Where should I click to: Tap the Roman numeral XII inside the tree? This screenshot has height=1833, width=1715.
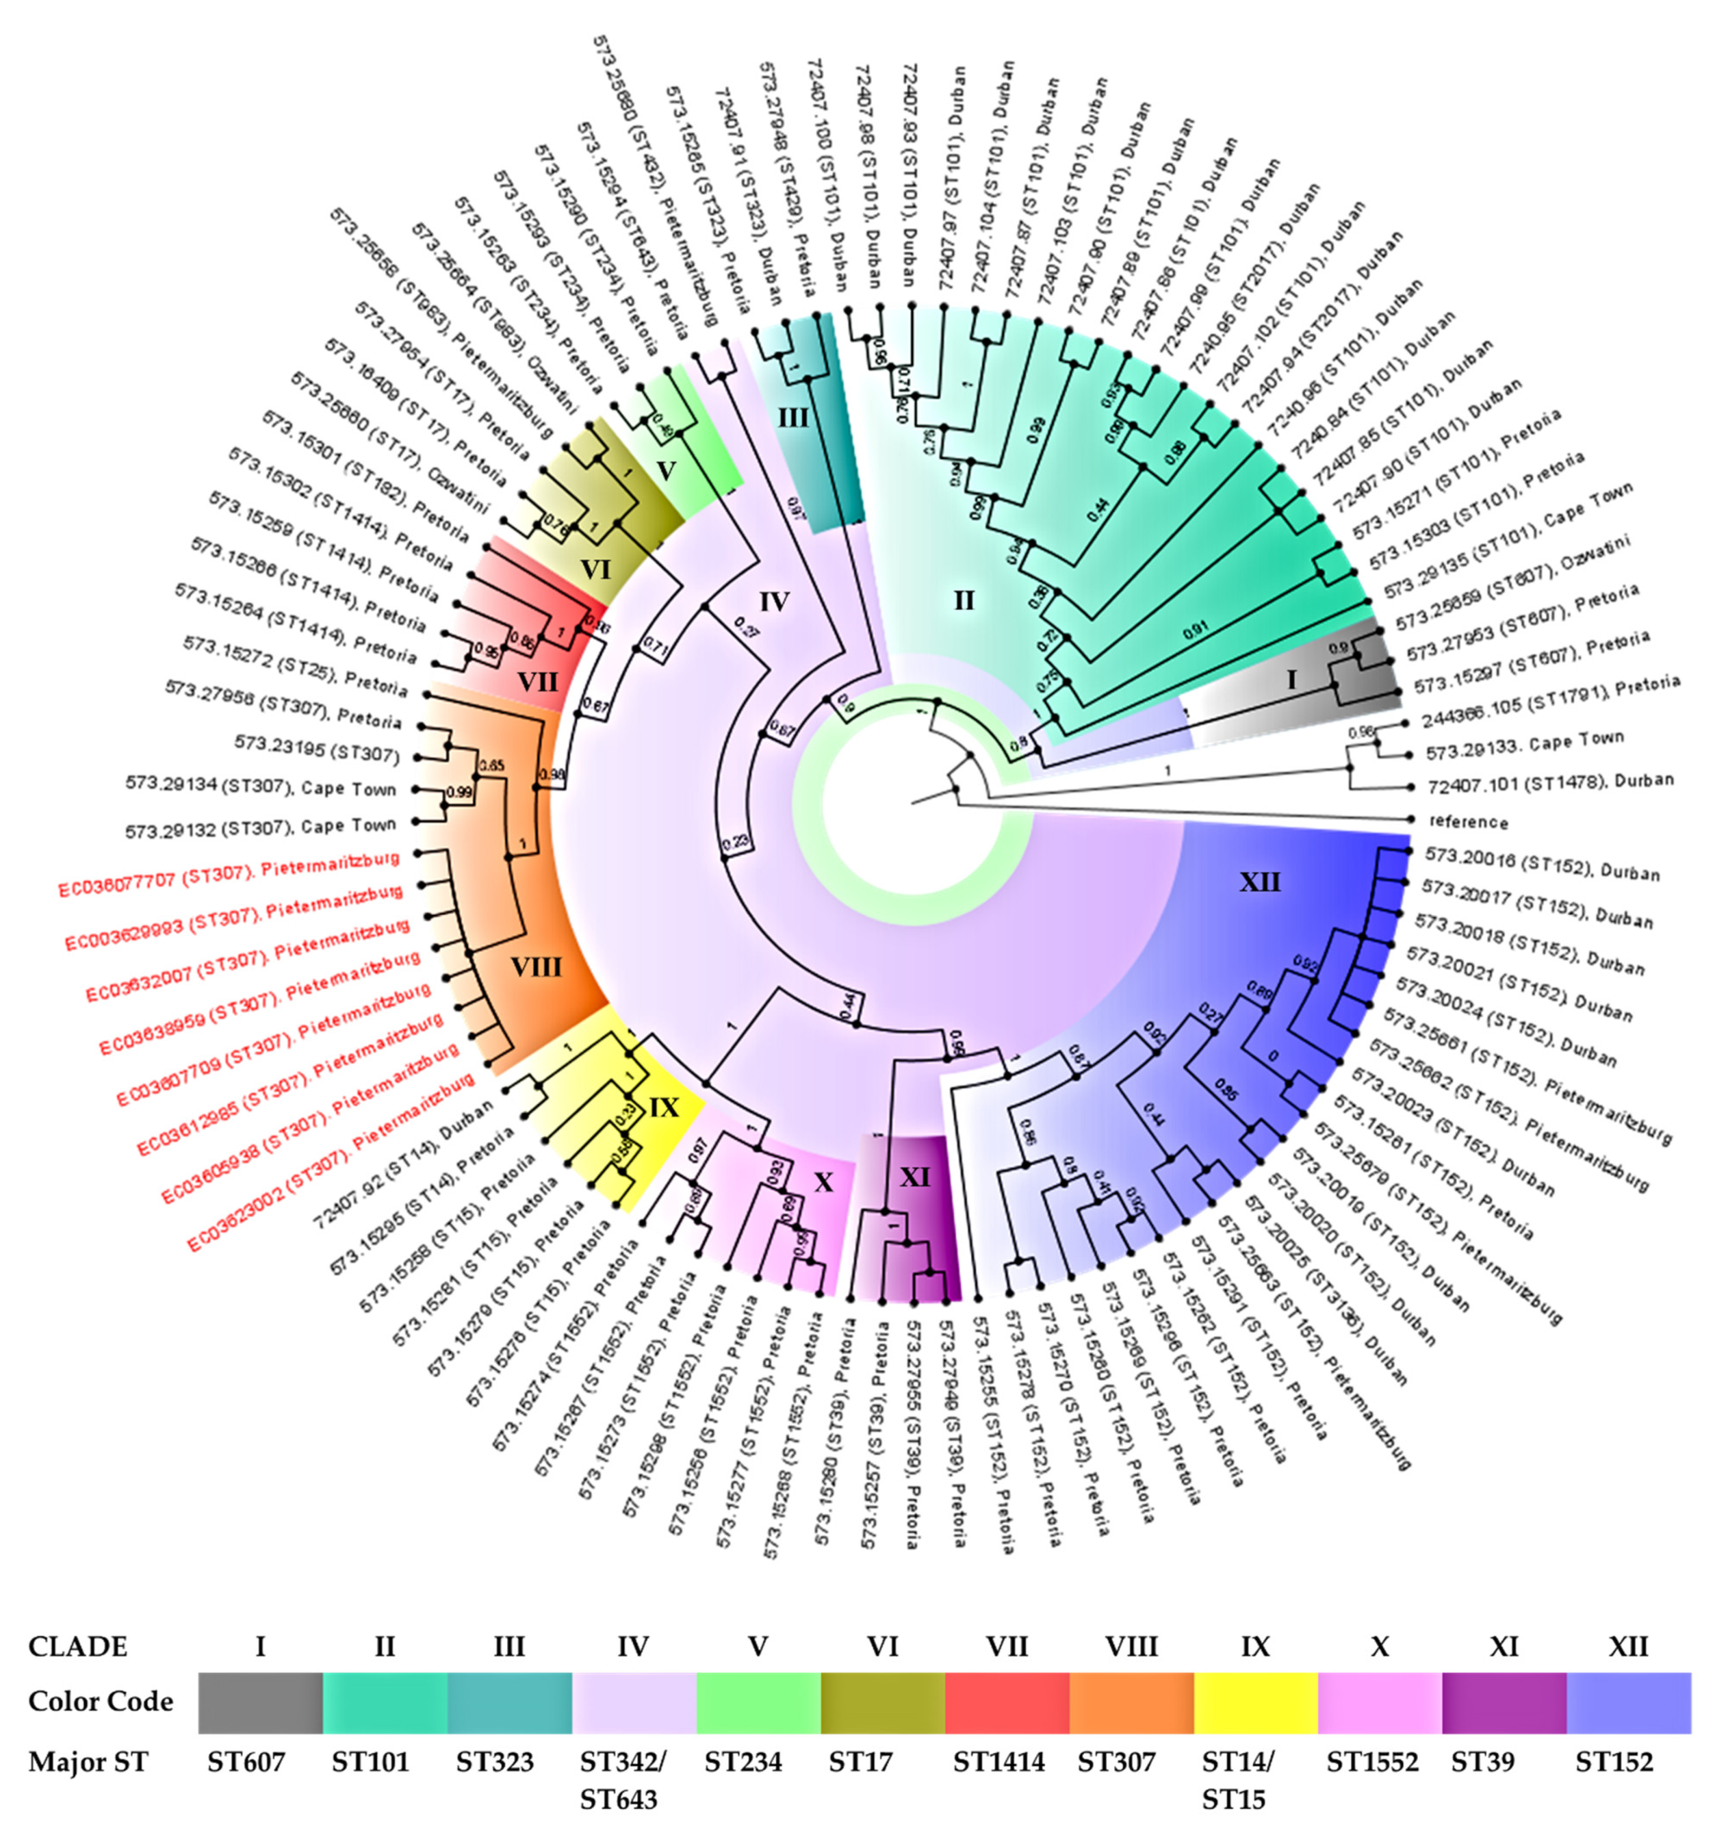click(1260, 882)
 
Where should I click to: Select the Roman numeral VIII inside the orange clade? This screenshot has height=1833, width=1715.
click(536, 967)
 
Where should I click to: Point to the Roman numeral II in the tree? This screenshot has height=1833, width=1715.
click(964, 601)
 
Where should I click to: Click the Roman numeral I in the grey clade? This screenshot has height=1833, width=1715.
click(1291, 680)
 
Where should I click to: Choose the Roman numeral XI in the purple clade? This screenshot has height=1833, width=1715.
click(914, 1177)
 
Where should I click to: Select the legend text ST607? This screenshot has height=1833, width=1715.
click(246, 1762)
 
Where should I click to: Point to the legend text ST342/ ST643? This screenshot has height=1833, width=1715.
click(622, 1779)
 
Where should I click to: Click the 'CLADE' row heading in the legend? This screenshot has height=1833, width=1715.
click(79, 1646)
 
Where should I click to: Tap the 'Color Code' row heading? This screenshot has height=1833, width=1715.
click(100, 1701)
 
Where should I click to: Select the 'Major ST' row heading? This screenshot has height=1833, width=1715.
click(88, 1762)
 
